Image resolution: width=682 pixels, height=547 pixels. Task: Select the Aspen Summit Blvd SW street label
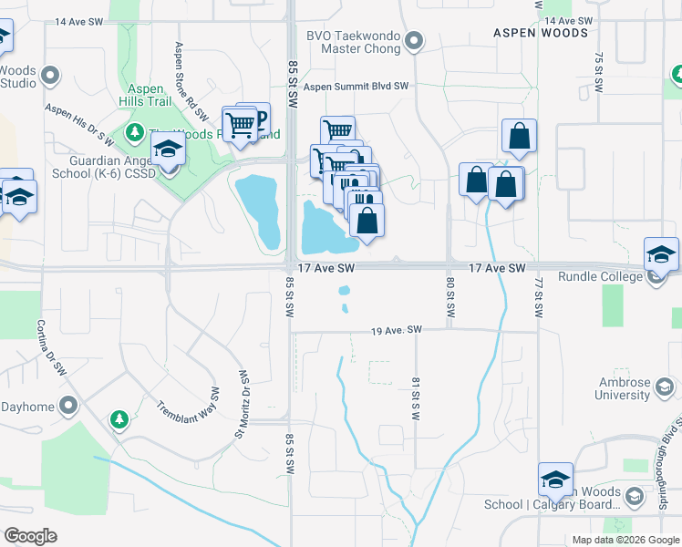point(356,87)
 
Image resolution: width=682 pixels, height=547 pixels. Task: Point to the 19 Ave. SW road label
point(397,329)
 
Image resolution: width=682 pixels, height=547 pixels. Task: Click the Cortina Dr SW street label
point(53,348)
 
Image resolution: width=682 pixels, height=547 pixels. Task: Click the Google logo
point(30,536)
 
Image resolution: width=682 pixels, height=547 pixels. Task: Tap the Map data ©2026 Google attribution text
point(625,540)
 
